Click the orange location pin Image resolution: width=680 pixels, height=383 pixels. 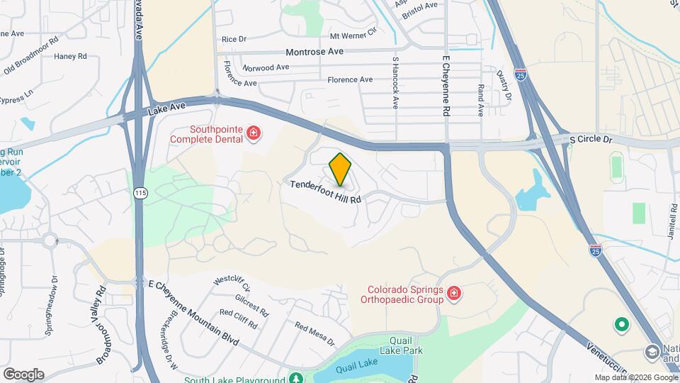(x=341, y=168)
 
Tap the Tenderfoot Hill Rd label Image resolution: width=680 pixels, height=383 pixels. (x=326, y=191)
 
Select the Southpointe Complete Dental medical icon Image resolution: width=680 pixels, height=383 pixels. (x=253, y=133)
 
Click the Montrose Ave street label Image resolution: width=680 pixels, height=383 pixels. (x=314, y=52)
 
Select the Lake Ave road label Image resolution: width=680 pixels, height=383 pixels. (x=167, y=108)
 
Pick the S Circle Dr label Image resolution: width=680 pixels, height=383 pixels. (x=590, y=140)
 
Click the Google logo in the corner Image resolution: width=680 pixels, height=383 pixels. (x=23, y=374)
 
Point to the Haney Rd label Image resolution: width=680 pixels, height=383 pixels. (x=70, y=56)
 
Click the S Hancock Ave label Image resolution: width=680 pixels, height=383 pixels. (x=395, y=83)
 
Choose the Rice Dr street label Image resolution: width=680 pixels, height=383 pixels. (x=234, y=40)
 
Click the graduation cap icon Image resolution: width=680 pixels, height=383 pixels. (x=651, y=352)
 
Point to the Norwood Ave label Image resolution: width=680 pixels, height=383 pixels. (x=266, y=67)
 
